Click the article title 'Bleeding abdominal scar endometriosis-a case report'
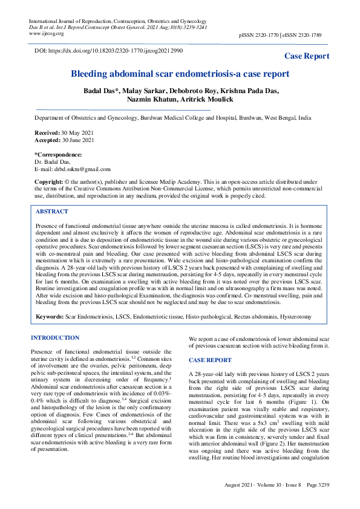(180, 74)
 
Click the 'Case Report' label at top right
(307, 56)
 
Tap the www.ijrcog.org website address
(47, 34)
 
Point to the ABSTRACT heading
(52, 212)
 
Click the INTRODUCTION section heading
(55, 337)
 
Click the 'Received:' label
(47, 132)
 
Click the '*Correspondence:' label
(58, 155)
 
